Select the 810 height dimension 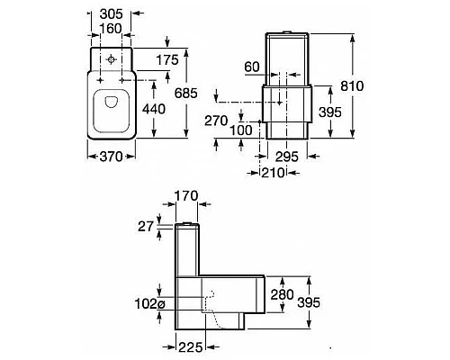(354, 85)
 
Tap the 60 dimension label (254, 67)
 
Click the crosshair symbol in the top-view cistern (109, 61)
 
